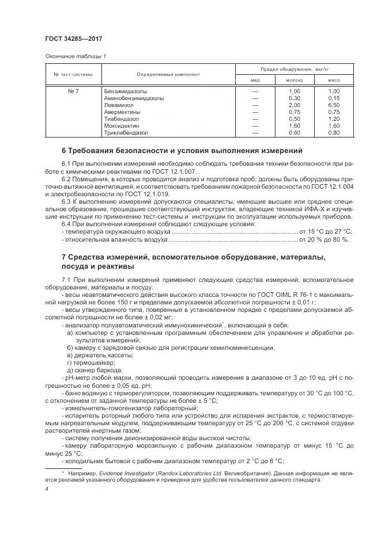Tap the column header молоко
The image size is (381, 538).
(294, 80)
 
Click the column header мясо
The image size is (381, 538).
(334, 80)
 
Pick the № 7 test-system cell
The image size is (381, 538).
(73, 91)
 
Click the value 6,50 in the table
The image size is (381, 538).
(334, 105)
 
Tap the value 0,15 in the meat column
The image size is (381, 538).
(334, 98)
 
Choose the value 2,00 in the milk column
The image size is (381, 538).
(294, 105)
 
